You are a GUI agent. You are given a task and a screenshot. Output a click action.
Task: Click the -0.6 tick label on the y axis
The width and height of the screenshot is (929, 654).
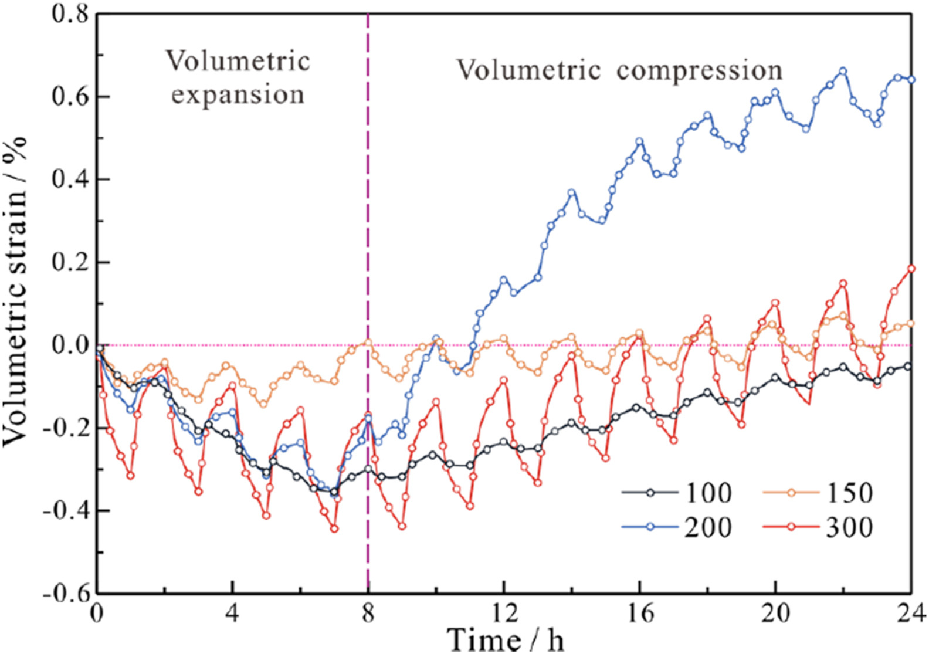coord(66,593)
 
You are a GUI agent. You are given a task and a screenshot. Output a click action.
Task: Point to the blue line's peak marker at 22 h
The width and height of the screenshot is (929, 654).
coord(843,71)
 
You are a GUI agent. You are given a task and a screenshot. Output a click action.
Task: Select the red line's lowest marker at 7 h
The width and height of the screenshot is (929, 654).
coord(334,528)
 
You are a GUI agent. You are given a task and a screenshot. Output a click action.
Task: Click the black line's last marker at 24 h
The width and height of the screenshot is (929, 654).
coord(908,367)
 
